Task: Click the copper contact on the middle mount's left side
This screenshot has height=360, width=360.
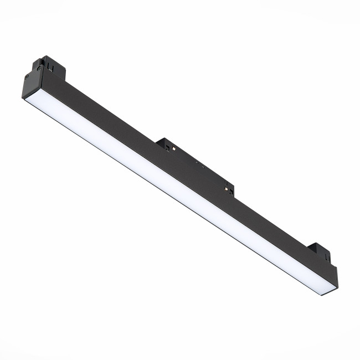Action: pyautogui.click(x=174, y=149)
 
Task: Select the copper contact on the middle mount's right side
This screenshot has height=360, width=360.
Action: pyautogui.click(x=226, y=189)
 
